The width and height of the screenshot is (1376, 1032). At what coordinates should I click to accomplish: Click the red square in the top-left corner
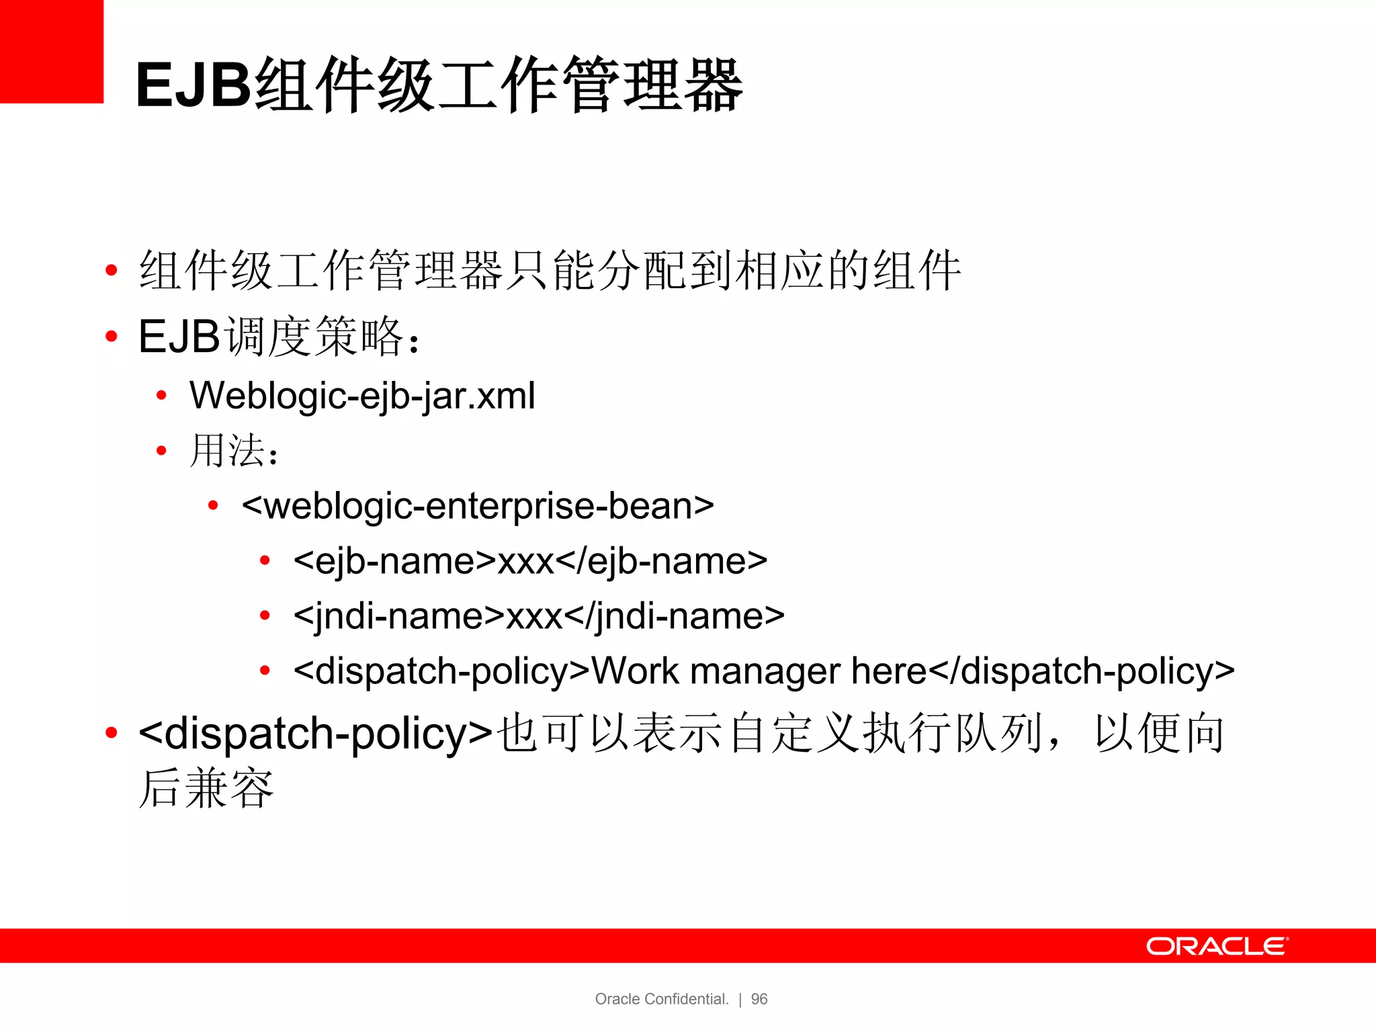51,51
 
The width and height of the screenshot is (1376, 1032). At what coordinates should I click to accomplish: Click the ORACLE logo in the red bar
1217,946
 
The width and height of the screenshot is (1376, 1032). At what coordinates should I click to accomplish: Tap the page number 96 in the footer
759,999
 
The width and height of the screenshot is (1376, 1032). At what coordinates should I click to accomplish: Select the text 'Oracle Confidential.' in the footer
662,999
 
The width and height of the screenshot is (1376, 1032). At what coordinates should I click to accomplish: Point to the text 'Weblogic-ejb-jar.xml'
362,396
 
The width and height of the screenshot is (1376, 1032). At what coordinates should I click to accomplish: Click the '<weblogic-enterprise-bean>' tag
478,506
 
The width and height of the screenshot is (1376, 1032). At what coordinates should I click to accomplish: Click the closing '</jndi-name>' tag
675,616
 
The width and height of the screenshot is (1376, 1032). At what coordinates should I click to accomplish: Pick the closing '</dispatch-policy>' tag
1082,671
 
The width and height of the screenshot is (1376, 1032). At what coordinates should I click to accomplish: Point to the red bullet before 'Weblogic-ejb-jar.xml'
161,396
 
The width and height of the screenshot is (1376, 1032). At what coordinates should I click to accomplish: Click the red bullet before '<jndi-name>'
265,615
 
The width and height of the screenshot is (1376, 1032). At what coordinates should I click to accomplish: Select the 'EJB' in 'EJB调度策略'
179,336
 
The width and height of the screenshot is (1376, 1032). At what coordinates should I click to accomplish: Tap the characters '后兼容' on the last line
206,788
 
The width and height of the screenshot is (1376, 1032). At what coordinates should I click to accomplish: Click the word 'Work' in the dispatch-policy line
636,671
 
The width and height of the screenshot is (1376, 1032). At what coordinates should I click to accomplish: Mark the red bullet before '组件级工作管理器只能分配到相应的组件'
112,271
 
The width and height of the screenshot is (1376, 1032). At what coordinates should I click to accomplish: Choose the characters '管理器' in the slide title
652,85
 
